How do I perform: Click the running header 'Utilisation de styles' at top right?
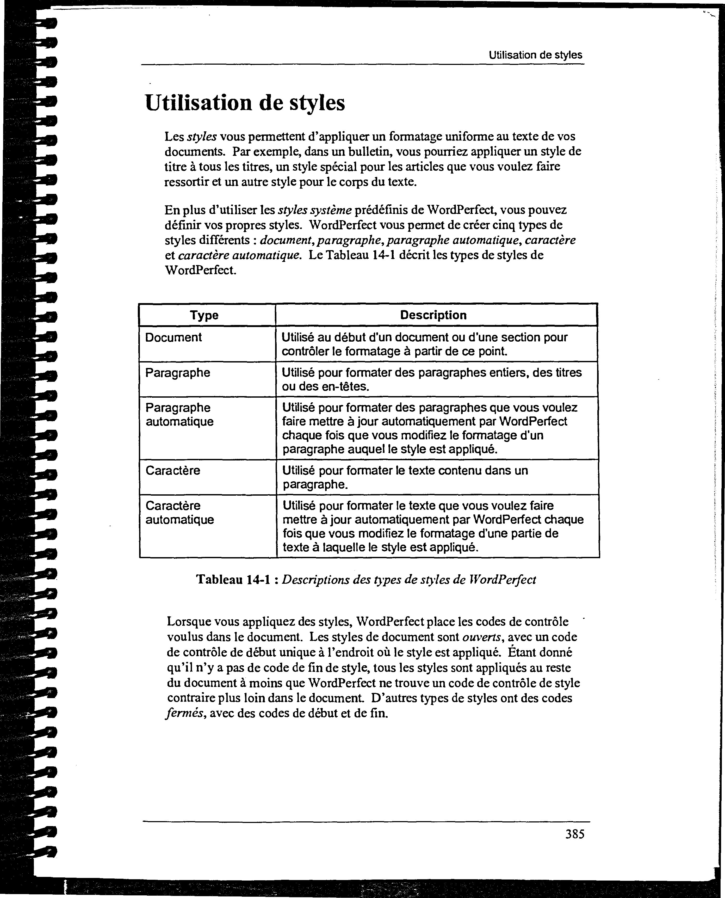point(535,55)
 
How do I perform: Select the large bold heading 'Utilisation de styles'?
point(245,103)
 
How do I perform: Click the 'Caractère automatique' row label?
point(179,513)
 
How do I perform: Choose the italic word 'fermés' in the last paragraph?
point(185,714)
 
